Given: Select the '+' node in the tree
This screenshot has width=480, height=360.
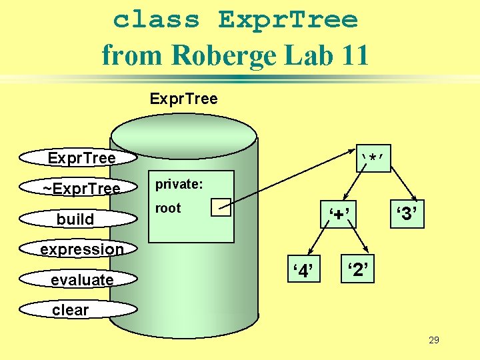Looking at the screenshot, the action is [337, 215].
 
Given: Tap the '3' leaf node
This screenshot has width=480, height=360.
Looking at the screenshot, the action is [407, 215].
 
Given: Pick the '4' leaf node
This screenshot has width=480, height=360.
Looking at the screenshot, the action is [303, 270].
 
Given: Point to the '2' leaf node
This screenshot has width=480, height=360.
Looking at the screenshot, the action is [358, 270].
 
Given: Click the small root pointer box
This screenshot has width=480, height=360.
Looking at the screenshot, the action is [220, 207].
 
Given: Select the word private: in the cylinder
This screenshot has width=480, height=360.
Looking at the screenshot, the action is [179, 185].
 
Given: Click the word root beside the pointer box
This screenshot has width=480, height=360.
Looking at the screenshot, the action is [168, 208].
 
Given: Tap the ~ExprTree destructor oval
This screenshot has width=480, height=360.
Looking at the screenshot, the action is [79, 189].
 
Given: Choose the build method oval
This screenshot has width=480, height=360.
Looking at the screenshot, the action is [75, 219].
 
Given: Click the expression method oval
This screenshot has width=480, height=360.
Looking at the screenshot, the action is [79, 249].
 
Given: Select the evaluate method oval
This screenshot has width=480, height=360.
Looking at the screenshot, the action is [79, 279].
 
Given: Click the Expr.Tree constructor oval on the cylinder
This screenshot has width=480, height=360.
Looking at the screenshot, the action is [79, 158].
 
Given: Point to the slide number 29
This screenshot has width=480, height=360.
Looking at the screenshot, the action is [433, 340].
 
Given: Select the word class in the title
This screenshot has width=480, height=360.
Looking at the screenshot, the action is [157, 19].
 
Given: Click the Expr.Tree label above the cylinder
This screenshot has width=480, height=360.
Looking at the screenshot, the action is [183, 99].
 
